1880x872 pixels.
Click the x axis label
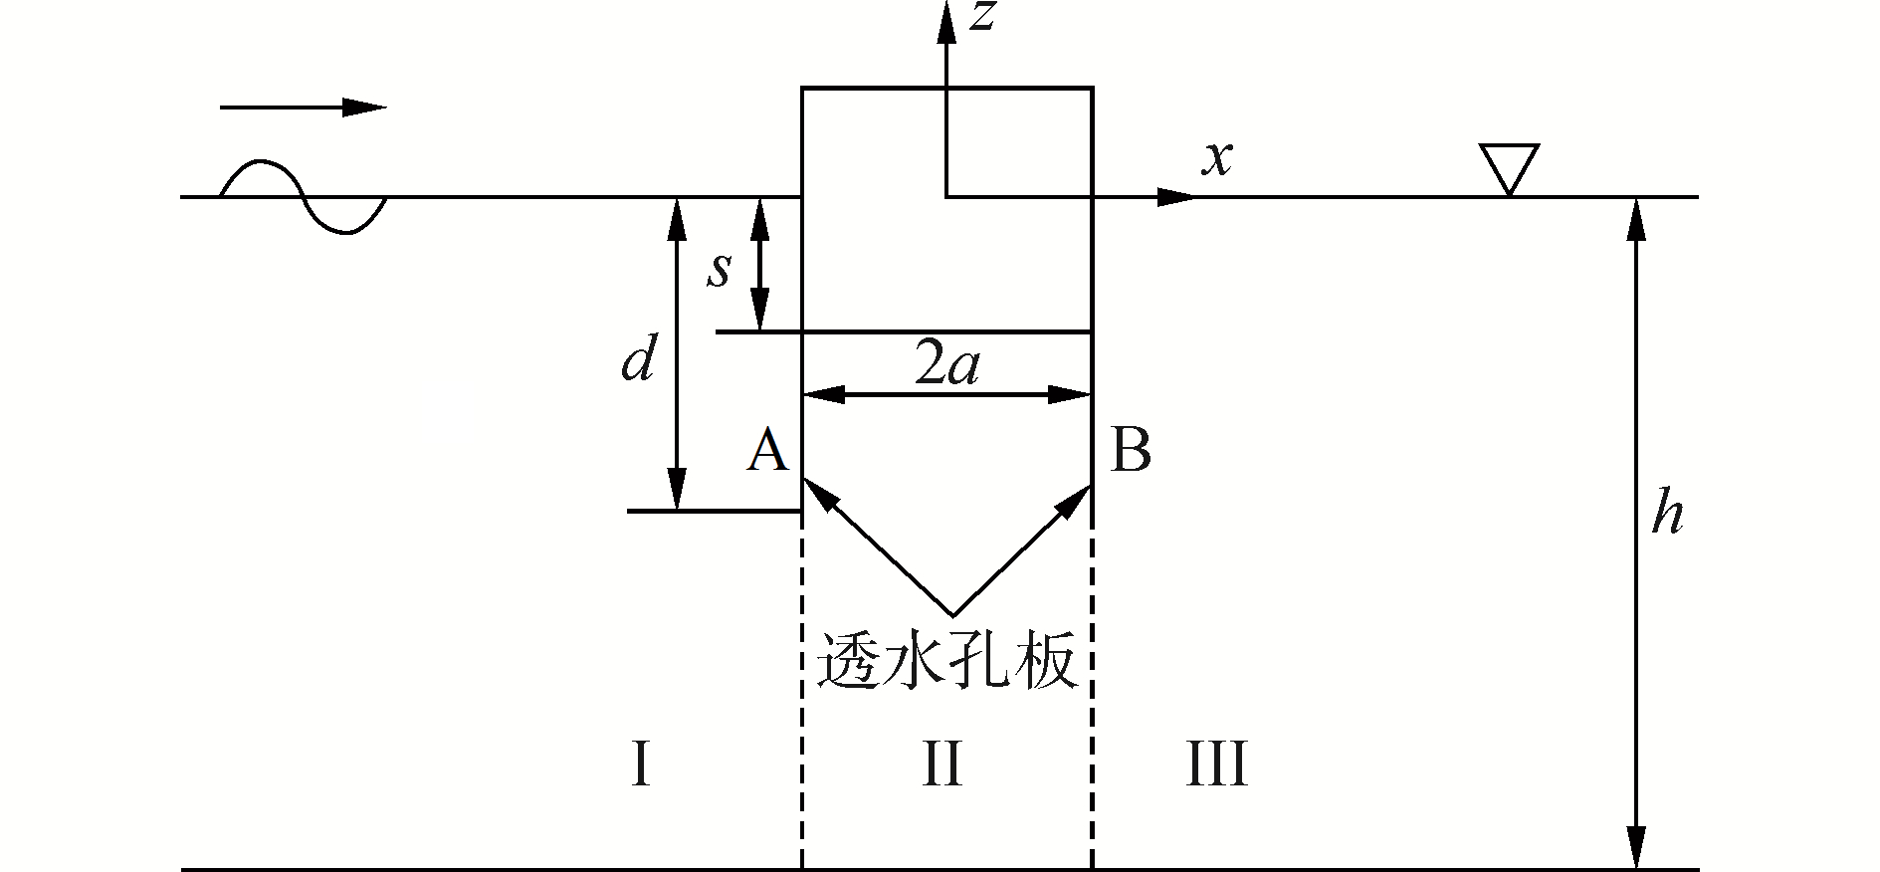click(x=1216, y=158)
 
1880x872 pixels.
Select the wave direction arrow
click(x=303, y=108)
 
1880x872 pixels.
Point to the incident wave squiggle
click(x=303, y=196)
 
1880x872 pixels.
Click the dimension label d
click(x=638, y=359)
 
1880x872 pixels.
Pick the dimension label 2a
click(x=946, y=366)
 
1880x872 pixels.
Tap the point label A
click(x=767, y=450)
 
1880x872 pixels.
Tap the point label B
click(x=1131, y=450)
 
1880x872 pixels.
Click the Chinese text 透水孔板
click(x=947, y=660)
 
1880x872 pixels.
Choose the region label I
click(x=641, y=765)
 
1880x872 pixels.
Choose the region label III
click(x=1216, y=765)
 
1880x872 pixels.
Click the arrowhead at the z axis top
click(x=945, y=20)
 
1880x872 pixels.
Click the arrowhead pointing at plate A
click(x=816, y=492)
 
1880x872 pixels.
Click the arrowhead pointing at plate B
click(x=1078, y=498)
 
